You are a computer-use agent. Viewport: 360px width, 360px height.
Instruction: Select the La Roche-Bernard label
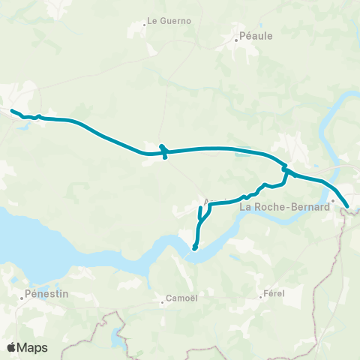click(x=284, y=206)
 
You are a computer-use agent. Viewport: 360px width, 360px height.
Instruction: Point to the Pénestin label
click(x=46, y=294)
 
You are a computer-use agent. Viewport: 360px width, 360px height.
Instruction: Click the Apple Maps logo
click(x=27, y=347)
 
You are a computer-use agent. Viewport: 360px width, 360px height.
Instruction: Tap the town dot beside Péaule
click(x=235, y=40)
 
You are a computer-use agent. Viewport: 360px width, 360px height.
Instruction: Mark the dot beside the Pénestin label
click(x=22, y=298)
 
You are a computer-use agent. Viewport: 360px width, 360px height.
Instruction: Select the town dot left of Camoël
click(x=163, y=303)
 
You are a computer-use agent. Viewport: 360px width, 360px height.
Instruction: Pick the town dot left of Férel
click(x=262, y=297)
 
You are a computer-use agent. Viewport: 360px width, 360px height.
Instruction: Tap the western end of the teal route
click(x=12, y=111)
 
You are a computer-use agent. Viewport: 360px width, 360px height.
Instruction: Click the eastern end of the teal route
click(x=347, y=206)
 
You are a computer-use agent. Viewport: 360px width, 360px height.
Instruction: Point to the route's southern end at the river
click(x=194, y=248)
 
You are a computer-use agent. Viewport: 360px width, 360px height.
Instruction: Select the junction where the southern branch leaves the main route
click(x=286, y=169)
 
